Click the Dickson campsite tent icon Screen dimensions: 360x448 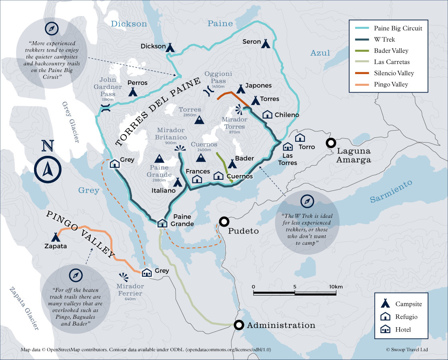(170, 47)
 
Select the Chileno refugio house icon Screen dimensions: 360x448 (267, 115)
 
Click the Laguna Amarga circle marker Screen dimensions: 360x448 (331, 143)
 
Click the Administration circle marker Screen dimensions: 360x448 (239, 325)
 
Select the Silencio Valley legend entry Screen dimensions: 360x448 (394, 73)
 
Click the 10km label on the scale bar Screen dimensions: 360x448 (336, 287)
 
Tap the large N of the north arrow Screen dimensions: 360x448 (48, 146)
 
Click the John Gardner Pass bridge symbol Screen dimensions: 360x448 (105, 108)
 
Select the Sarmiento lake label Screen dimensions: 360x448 (390, 191)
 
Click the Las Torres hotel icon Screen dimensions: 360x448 (288, 147)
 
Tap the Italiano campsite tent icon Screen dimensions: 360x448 (178, 183)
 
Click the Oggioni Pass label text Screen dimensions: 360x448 (218, 77)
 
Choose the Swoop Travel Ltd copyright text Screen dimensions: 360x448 (407, 350)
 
